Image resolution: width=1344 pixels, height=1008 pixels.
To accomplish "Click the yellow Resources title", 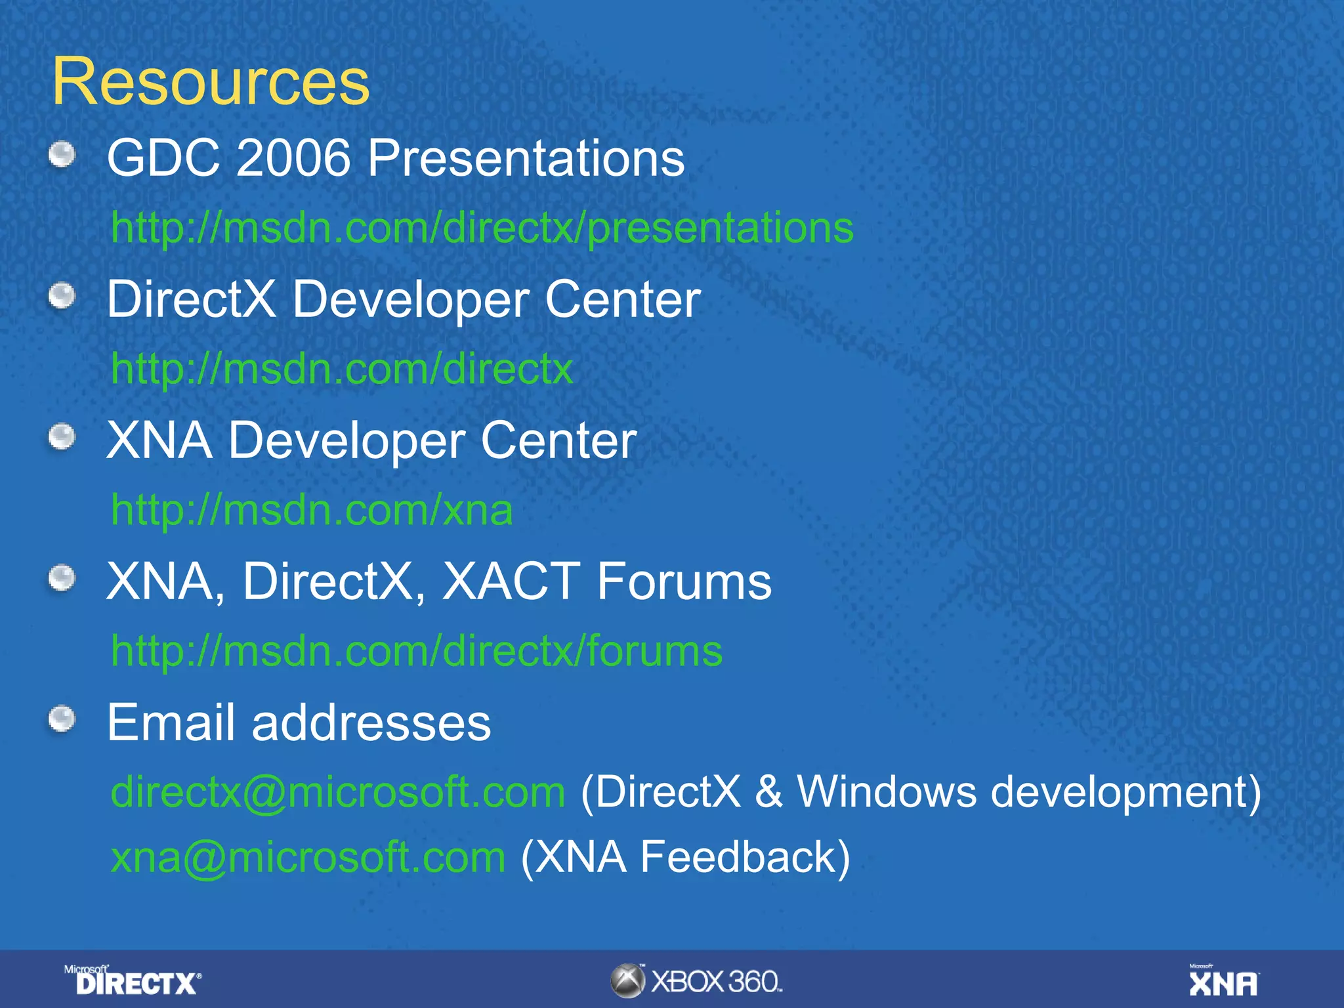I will (x=211, y=82).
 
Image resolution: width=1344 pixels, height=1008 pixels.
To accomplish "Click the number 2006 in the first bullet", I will (x=293, y=158).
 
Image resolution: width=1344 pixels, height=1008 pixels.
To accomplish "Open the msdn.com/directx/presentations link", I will (x=482, y=228).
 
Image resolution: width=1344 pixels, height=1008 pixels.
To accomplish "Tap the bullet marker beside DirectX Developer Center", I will (x=62, y=296).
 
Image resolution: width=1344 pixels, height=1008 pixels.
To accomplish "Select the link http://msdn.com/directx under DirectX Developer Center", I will (x=342, y=369).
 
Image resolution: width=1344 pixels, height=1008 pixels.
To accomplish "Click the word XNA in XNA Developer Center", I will (x=159, y=440).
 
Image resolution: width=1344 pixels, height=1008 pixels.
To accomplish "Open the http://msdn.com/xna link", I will (x=312, y=510).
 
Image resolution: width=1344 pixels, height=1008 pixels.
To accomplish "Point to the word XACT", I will (x=511, y=581).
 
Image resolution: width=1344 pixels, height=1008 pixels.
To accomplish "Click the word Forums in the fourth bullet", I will (x=684, y=581).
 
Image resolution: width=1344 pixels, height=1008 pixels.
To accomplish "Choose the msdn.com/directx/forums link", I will (x=417, y=651).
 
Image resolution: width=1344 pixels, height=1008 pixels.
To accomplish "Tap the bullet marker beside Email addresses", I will (x=62, y=719).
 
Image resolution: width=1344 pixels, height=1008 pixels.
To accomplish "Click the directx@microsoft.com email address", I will (x=338, y=792).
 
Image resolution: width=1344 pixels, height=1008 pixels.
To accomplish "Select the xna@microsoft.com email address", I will (x=308, y=857).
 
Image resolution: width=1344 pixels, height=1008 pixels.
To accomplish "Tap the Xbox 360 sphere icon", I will (x=627, y=981).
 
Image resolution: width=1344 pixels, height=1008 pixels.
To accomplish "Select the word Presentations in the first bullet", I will (x=526, y=158).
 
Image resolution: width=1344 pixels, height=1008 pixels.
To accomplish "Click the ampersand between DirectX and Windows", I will (x=768, y=792).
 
